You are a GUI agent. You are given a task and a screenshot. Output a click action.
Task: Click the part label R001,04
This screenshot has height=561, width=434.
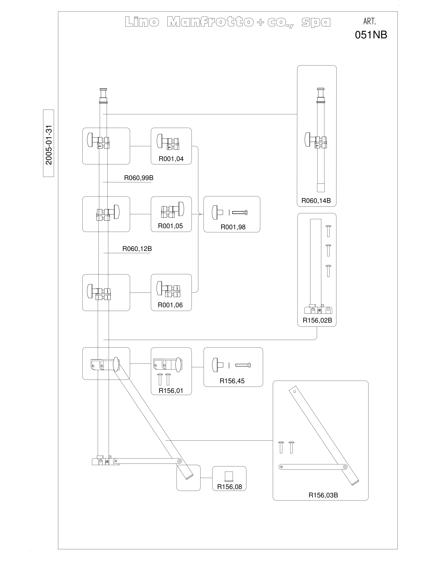[171, 159]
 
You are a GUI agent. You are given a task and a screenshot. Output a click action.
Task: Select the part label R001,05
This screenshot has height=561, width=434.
[170, 226]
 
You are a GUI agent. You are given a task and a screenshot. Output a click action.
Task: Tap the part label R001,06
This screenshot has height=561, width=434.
[170, 305]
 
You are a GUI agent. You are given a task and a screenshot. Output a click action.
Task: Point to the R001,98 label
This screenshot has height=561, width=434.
[233, 227]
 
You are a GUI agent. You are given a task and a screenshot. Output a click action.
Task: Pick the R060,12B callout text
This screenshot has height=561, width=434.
[137, 249]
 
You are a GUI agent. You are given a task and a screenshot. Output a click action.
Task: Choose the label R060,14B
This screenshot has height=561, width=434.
[316, 201]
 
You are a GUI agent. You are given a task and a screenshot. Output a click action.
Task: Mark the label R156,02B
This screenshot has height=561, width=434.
[317, 320]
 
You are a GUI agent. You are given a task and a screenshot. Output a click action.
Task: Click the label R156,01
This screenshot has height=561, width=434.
[171, 391]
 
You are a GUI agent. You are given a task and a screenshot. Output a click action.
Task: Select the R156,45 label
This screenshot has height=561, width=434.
[232, 381]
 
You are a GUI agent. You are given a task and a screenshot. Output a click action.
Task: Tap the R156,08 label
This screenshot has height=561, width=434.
[230, 487]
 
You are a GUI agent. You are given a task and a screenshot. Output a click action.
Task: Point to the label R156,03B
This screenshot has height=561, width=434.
[323, 495]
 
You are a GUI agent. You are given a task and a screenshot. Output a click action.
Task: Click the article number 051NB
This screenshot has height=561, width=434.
[371, 35]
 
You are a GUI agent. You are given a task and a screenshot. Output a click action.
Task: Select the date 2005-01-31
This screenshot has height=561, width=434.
[49, 145]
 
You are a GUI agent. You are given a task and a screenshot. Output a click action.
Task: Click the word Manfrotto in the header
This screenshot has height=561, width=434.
[210, 22]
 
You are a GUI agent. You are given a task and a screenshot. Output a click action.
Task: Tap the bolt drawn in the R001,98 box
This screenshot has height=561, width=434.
[240, 212]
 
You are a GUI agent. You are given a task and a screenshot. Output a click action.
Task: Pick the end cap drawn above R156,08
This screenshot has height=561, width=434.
[229, 477]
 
